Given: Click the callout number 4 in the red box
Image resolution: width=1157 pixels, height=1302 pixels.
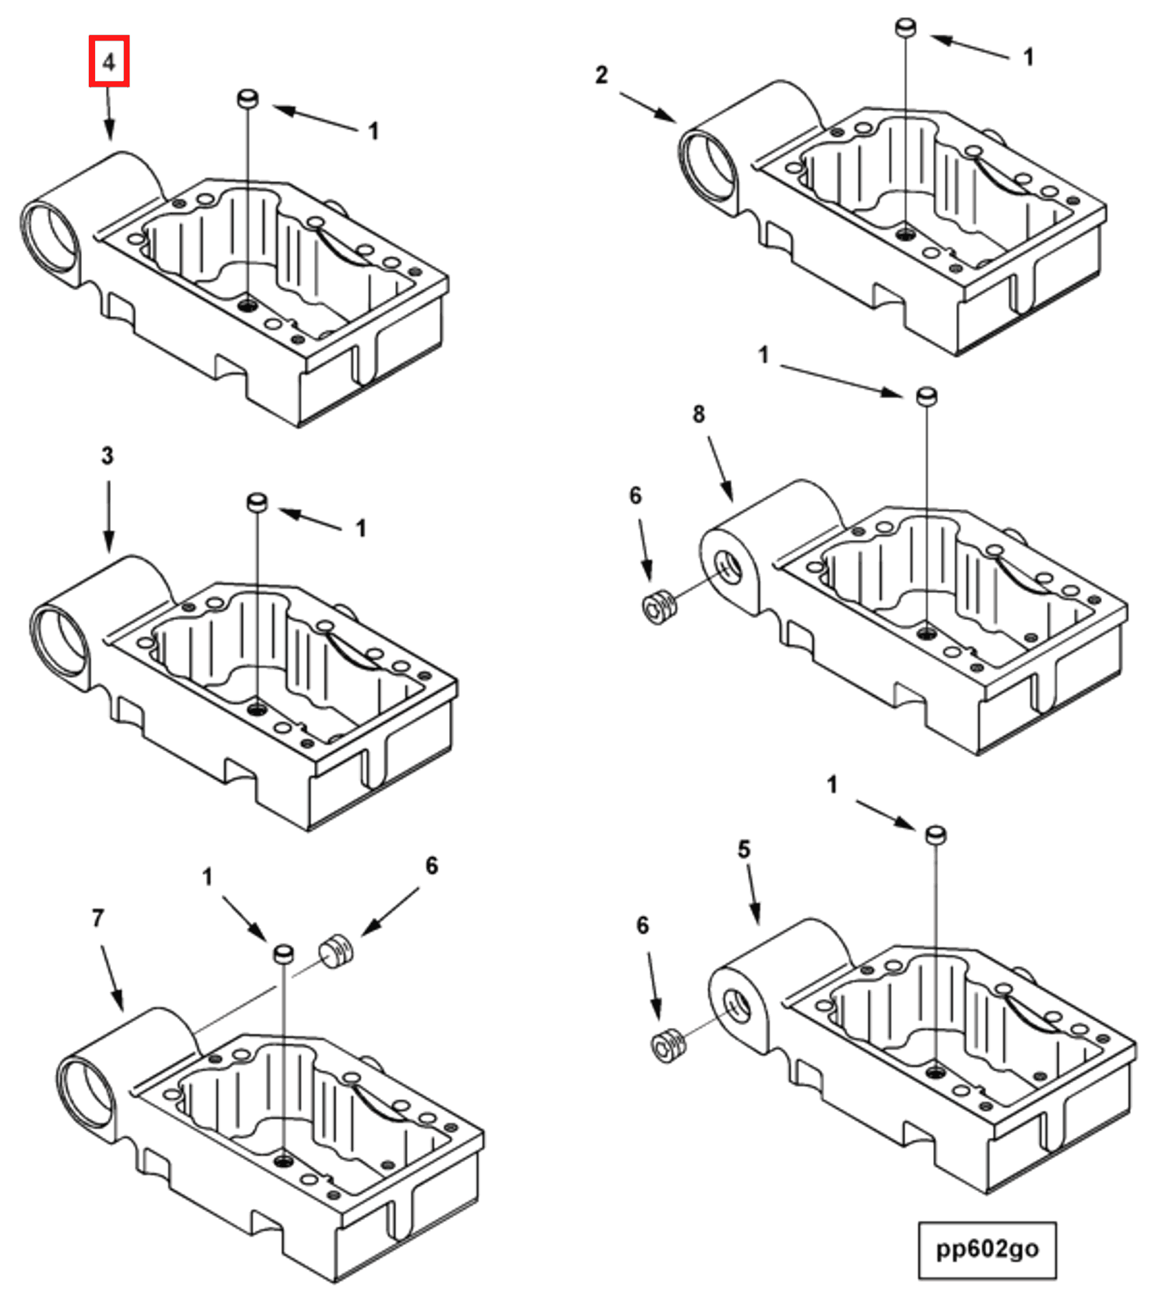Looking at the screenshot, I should pos(109,62).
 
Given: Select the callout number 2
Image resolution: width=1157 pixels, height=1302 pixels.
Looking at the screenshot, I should pos(601,74).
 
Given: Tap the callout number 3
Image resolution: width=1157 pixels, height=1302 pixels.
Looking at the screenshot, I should pos(107,455).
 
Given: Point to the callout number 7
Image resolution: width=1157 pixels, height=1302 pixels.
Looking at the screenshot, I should pos(98,918).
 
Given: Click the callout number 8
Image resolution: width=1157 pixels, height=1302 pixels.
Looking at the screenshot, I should pos(698,414).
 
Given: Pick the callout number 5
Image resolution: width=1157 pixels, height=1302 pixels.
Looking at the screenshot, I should pos(744,849).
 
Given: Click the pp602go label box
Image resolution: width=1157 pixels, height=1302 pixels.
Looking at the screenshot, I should pos(986,1250).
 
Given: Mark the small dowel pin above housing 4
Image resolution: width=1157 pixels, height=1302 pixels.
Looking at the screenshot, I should pos(247,99).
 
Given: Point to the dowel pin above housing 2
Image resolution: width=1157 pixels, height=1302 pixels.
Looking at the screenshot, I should pos(906,28).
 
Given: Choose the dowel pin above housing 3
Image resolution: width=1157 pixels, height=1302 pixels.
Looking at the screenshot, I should pos(257,502).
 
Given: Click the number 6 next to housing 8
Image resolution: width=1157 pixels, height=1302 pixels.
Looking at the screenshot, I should pos(635,495).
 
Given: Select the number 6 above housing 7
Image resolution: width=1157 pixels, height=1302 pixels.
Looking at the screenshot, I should pos(431,866).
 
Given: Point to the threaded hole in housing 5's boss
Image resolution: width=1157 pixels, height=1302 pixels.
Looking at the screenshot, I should pos(737,1006).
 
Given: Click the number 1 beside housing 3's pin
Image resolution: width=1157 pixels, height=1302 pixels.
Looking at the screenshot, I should pos(360,528).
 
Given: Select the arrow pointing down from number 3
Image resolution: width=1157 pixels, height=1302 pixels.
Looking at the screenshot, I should pos(108,517).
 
